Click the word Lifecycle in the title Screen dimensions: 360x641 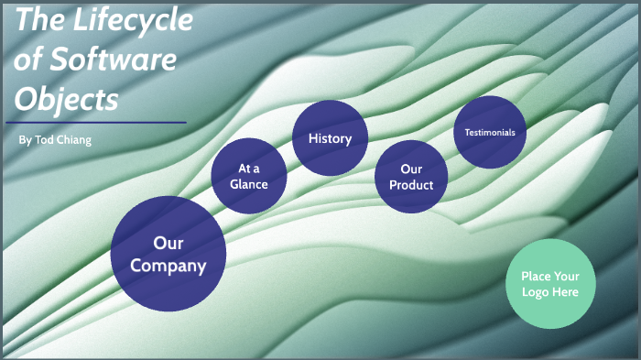coord(132,20)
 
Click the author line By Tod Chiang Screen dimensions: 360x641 coord(55,139)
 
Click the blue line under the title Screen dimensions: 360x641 coord(95,122)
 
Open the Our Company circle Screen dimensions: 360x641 coord(168,254)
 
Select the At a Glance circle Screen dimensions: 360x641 coord(249,176)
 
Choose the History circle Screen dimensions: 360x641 coord(330,138)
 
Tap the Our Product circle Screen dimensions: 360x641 coord(411,177)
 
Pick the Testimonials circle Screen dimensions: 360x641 coord(490,132)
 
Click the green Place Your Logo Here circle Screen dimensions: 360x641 coord(550,283)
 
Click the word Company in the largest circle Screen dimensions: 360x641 coord(168,266)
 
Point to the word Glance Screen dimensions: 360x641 coord(249,184)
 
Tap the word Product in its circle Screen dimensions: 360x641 coord(411,185)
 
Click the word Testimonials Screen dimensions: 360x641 coord(490,132)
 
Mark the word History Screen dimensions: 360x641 coord(330,138)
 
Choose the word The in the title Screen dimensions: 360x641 coord(39,20)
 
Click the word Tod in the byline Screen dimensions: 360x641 coord(43,139)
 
